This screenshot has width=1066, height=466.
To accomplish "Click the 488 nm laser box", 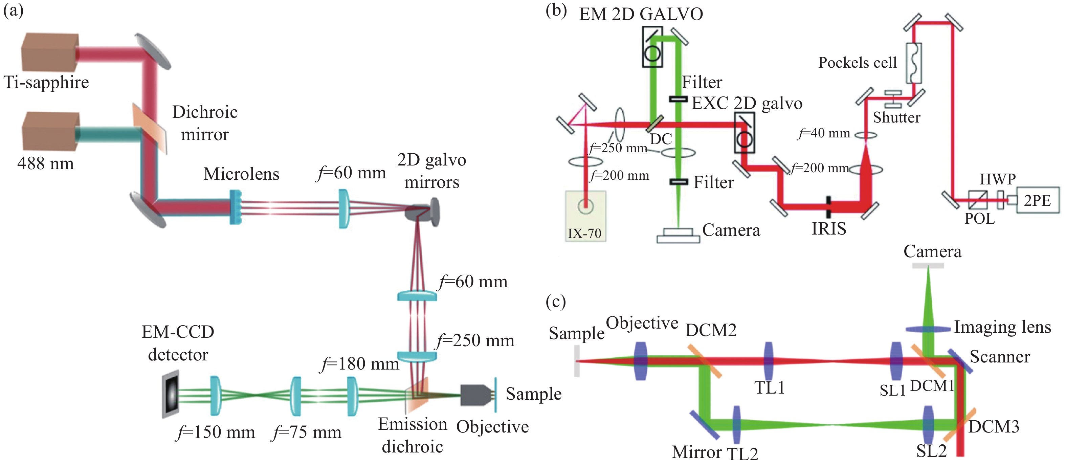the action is tap(50, 132).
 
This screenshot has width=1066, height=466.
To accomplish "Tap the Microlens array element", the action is tap(236, 207).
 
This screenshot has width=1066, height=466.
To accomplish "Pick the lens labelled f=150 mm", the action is tap(215, 396).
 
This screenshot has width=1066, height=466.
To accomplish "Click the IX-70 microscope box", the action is tap(585, 216).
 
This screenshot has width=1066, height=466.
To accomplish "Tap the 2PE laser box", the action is tap(1038, 200).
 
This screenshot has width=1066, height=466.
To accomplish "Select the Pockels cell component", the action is tap(914, 63).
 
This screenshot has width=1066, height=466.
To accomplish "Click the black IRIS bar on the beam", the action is tap(828, 206).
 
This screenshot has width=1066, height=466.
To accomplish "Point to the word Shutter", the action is tap(896, 117).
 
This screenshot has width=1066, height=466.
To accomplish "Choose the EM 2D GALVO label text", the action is tap(641, 14).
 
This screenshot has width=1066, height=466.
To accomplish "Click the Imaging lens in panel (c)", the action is tap(928, 329).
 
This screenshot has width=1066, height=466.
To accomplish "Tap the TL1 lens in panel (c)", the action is tap(769, 361).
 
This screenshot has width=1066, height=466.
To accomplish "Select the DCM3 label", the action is tap(994, 426).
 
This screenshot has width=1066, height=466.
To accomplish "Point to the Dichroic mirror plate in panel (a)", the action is tap(150, 128).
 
